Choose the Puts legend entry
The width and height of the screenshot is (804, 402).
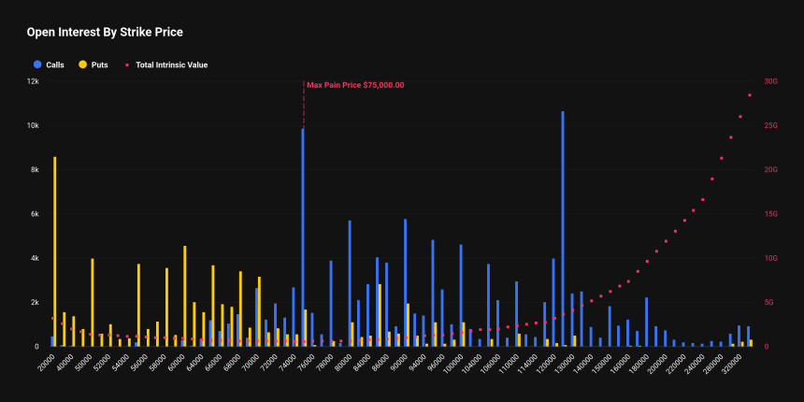point(93,65)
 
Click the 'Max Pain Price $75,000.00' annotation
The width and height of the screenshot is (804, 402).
point(355,85)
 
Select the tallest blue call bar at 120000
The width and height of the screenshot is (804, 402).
point(562,229)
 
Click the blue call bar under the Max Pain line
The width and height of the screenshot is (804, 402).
point(302,237)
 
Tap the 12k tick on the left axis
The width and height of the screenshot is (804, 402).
point(32,81)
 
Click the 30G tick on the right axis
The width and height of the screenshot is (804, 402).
point(771,81)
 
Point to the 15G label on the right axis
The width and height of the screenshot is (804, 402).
point(771,214)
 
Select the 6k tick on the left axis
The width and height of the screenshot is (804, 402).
point(34,214)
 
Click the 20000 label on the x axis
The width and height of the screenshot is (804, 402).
point(45,362)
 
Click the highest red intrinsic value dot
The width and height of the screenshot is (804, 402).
point(749,95)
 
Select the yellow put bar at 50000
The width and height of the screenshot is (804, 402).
point(93,302)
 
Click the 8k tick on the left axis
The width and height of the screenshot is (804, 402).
point(34,170)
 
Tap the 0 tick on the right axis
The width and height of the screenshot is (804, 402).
point(767,347)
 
